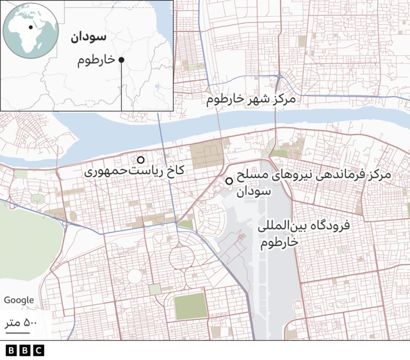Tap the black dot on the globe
[x=30, y=28]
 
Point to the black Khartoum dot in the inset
[x=121, y=60]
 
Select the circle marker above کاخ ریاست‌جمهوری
[x=140, y=160]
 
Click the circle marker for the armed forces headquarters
[x=229, y=181]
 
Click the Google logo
[x=19, y=300]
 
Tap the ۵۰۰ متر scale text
[x=22, y=322]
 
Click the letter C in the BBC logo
[x=38, y=350]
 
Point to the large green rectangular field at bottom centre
[x=190, y=307]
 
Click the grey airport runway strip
[x=275, y=282]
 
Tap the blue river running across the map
[x=211, y=125]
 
